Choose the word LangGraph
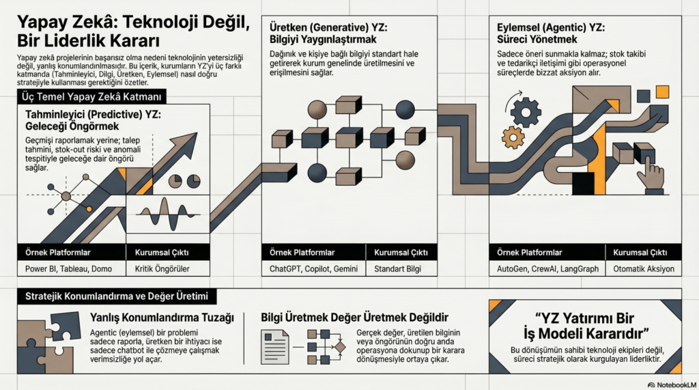(584, 268)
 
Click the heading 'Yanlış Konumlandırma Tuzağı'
(162, 318)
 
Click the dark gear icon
(525, 112)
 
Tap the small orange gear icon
(512, 137)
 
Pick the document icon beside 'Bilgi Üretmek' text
(276, 342)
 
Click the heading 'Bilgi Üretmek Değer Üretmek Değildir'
(354, 318)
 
